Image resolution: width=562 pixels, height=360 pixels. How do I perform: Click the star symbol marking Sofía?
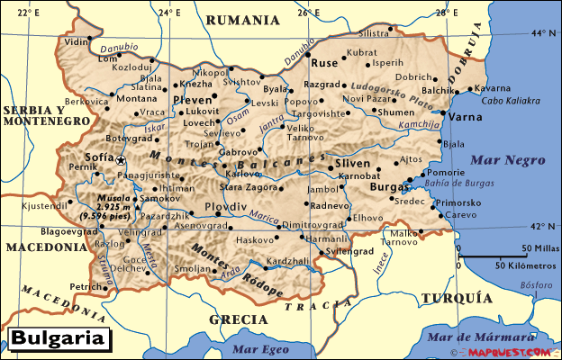(122, 159)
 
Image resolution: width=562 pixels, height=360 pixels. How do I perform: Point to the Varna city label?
(466, 117)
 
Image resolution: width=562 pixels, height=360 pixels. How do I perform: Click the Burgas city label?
(387, 188)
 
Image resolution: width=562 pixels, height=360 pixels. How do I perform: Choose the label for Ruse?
(324, 64)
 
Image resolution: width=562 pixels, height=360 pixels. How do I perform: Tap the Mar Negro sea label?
(507, 161)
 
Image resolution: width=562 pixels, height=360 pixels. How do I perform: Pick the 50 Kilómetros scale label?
(527, 265)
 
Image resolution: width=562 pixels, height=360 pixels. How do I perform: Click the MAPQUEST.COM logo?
(513, 353)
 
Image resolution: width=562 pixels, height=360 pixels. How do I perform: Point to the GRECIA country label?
(238, 319)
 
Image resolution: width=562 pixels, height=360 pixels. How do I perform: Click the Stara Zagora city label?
(249, 186)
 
